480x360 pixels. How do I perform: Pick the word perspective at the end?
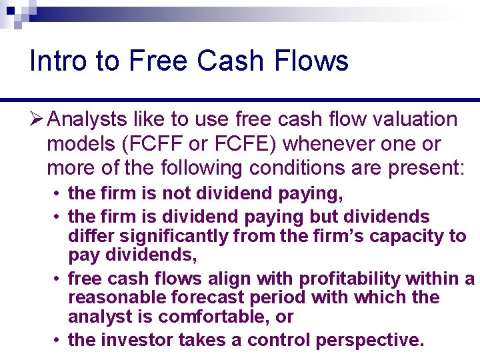369,340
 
